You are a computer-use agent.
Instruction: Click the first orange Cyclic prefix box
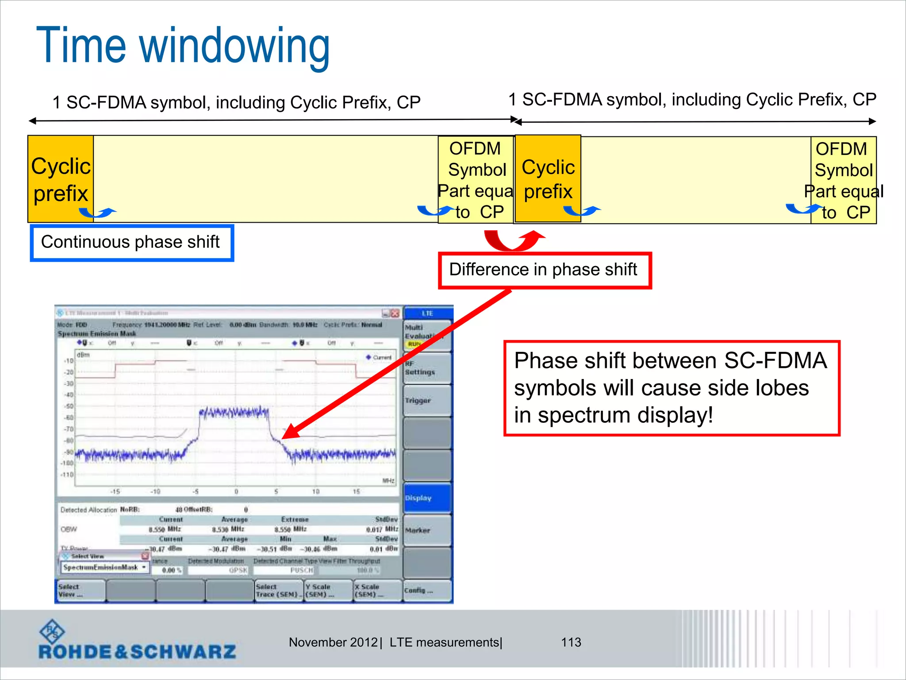[x=61, y=179]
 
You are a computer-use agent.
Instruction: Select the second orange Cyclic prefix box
[x=548, y=179]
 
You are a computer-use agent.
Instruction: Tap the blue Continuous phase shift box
[x=131, y=243]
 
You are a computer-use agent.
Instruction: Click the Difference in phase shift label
[x=544, y=270]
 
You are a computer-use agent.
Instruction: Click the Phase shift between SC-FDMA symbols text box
[x=671, y=388]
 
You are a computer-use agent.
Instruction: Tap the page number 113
[x=571, y=642]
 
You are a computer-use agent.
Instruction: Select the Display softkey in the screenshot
[x=427, y=498]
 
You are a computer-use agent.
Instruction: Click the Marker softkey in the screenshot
[x=427, y=530]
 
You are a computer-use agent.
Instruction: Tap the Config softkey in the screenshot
[x=427, y=591]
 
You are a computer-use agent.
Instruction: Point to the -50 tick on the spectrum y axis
[x=69, y=406]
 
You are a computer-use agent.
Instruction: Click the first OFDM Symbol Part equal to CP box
[x=476, y=180]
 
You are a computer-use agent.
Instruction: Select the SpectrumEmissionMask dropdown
[x=104, y=568]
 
